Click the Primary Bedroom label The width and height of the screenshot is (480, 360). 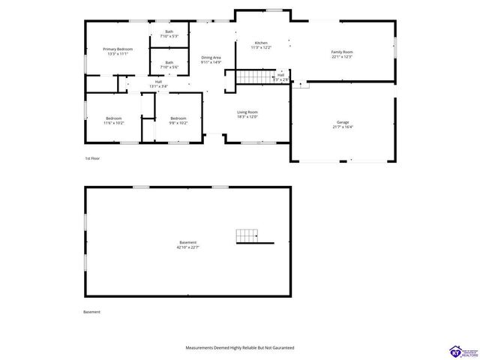pos(118,49)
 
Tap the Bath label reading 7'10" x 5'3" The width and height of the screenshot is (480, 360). pos(169,31)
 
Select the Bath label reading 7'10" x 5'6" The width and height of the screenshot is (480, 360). pos(169,62)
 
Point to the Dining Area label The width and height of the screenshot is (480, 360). pos(211,57)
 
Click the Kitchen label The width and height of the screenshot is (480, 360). pos(260,43)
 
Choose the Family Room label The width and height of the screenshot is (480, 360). pos(342,52)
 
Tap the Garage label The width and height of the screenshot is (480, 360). pos(343,121)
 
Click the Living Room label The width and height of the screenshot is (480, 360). pos(247,112)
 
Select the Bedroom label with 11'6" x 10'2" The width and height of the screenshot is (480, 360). pos(113,118)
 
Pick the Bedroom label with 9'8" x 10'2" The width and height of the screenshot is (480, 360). pos(178,118)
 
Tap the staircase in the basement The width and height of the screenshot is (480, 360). pos(248,236)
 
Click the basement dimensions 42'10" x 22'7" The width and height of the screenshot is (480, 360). pos(187,247)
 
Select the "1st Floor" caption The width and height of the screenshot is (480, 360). pos(92,159)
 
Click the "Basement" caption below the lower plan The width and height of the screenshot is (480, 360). pos(91,312)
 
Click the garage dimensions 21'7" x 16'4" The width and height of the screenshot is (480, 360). pos(343,127)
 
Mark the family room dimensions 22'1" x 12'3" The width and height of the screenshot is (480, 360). pos(342,57)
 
